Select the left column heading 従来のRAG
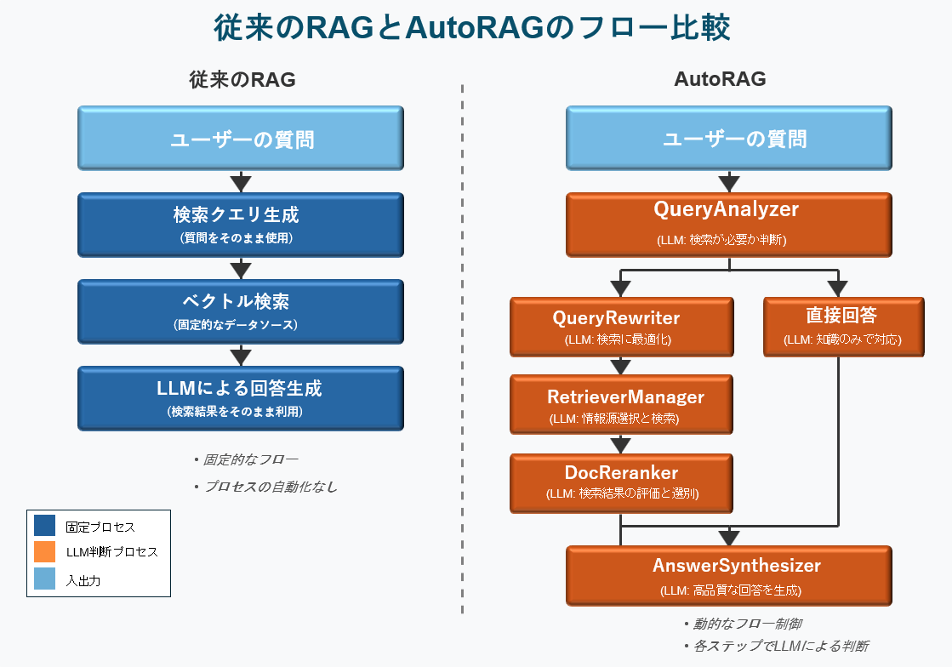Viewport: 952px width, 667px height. pyautogui.click(x=242, y=80)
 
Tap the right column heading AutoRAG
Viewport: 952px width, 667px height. pyautogui.click(x=720, y=80)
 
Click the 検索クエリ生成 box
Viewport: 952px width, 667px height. pyautogui.click(x=241, y=225)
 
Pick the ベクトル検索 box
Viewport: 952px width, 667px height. pyautogui.click(x=241, y=311)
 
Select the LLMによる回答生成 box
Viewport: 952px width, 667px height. pyautogui.click(x=241, y=398)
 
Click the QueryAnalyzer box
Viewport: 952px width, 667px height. pyautogui.click(x=728, y=225)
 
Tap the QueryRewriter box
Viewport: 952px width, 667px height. pyautogui.click(x=621, y=326)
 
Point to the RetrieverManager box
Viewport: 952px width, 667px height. pyautogui.click(x=621, y=405)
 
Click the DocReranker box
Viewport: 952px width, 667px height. pyautogui.click(x=621, y=482)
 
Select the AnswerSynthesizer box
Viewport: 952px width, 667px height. pyautogui.click(x=728, y=575)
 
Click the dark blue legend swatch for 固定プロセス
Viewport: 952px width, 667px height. pyautogui.click(x=44, y=526)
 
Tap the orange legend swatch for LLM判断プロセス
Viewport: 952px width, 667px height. pyautogui.click(x=44, y=552)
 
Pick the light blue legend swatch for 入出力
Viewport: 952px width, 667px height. pyautogui.click(x=44, y=579)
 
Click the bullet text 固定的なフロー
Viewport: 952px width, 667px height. pyautogui.click(x=250, y=459)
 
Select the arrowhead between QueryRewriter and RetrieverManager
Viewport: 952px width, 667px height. pyautogui.click(x=621, y=367)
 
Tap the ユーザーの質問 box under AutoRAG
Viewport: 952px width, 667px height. pyautogui.click(x=728, y=138)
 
